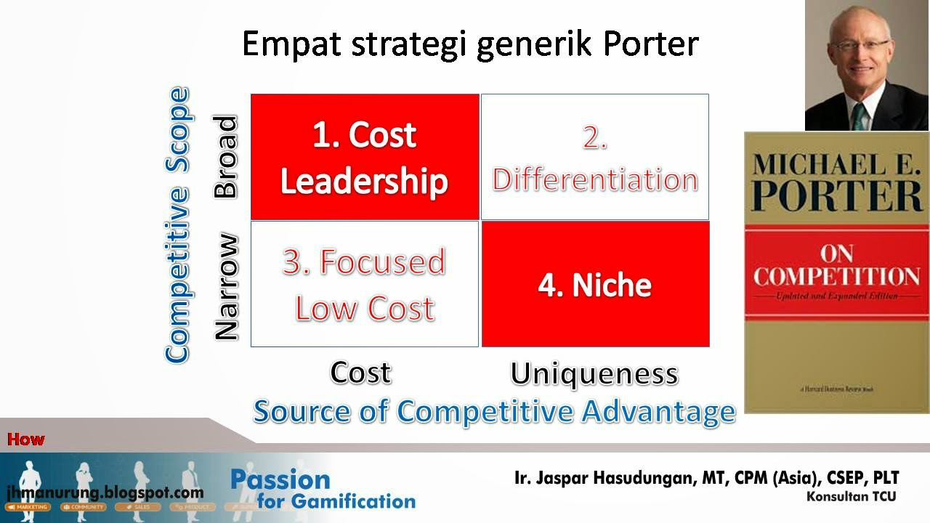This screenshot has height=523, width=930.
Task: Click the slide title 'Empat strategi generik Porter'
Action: tap(470, 44)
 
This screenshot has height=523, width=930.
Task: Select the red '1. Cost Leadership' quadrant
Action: tap(365, 157)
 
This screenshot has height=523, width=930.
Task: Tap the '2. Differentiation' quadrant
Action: tap(594, 157)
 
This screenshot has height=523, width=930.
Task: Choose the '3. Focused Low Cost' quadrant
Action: tap(365, 284)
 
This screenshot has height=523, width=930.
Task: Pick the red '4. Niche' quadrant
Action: tap(595, 284)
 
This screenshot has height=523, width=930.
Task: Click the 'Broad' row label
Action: tap(226, 156)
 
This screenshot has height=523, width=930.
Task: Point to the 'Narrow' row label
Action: tap(226, 286)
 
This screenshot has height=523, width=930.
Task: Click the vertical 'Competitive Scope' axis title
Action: tap(177, 225)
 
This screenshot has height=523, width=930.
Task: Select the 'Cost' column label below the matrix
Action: tap(360, 373)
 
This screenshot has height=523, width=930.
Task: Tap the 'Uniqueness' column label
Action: tap(594, 373)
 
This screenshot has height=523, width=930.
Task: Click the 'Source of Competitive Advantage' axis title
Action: tap(494, 411)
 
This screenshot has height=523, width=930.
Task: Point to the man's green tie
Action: tap(860, 117)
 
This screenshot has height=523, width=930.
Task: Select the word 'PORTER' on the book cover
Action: tap(838, 195)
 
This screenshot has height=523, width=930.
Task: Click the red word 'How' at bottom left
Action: tap(26, 439)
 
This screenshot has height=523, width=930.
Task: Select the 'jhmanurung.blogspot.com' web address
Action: tap(105, 492)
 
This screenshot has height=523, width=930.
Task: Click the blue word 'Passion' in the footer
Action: tap(280, 479)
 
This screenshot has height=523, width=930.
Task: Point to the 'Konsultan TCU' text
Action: tap(851, 497)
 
